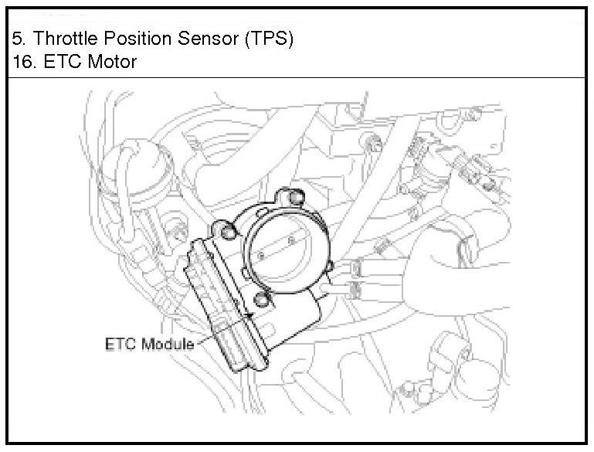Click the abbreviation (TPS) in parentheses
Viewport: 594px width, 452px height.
click(268, 39)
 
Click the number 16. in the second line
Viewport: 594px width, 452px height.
click(23, 61)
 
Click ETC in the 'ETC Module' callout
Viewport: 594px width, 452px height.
click(120, 344)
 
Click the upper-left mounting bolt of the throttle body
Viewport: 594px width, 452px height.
click(226, 229)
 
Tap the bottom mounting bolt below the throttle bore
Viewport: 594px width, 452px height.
click(262, 300)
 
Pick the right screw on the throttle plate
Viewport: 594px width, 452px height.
click(291, 241)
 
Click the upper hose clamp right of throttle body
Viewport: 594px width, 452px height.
click(356, 268)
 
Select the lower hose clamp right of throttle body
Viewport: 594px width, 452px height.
click(355, 290)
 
